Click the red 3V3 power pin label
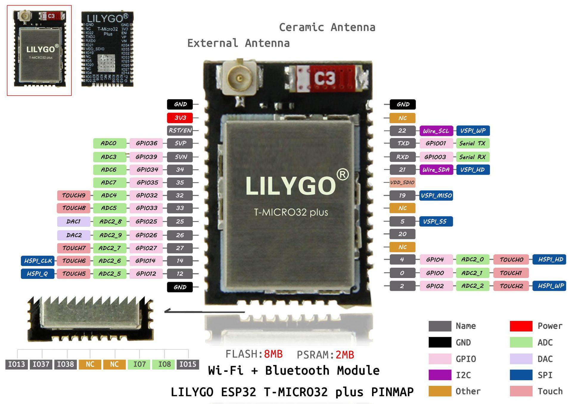click(x=180, y=118)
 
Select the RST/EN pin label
click(x=180, y=130)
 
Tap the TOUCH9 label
click(x=74, y=195)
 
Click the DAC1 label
click(x=74, y=221)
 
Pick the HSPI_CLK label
click(x=38, y=261)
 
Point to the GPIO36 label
click(x=146, y=143)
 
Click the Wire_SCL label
click(x=436, y=131)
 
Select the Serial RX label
click(x=472, y=157)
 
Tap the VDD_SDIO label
click(x=402, y=182)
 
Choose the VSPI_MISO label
click(x=436, y=195)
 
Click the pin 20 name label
click(x=402, y=234)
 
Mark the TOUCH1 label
click(x=511, y=273)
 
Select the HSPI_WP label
click(x=551, y=286)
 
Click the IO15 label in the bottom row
click(x=188, y=364)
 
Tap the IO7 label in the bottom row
click(x=139, y=364)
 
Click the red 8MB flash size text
click(x=273, y=354)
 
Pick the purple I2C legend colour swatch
click(x=440, y=375)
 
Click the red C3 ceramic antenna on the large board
click(x=325, y=78)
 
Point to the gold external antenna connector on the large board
click(x=239, y=78)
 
